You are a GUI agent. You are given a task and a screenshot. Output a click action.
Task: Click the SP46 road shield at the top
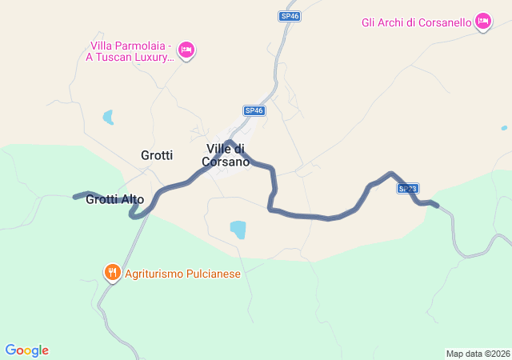point(290,16)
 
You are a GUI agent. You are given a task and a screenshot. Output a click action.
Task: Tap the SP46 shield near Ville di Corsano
point(254,110)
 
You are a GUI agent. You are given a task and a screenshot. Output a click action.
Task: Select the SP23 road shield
point(407,189)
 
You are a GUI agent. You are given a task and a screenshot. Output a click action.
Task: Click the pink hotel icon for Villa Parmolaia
point(186,50)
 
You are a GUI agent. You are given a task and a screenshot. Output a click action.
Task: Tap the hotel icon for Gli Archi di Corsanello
point(482,22)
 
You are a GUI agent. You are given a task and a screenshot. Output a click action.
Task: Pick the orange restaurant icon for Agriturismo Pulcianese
point(112,274)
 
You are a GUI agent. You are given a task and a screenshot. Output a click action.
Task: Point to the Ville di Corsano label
point(228,155)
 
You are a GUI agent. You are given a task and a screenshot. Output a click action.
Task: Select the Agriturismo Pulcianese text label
point(182,274)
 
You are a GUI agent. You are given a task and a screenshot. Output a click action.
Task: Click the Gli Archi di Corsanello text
point(416,22)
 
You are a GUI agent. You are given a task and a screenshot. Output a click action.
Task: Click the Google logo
point(26,350)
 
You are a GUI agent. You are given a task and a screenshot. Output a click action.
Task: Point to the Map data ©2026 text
point(478,354)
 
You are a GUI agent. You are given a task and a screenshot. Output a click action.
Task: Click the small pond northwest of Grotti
point(107,118)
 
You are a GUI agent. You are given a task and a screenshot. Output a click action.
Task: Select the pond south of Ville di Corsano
point(238,230)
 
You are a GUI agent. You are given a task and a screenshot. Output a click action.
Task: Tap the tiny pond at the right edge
point(504,128)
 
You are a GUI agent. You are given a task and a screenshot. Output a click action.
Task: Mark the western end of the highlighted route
point(75,196)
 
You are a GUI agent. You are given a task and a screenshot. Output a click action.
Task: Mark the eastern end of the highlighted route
point(436,206)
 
